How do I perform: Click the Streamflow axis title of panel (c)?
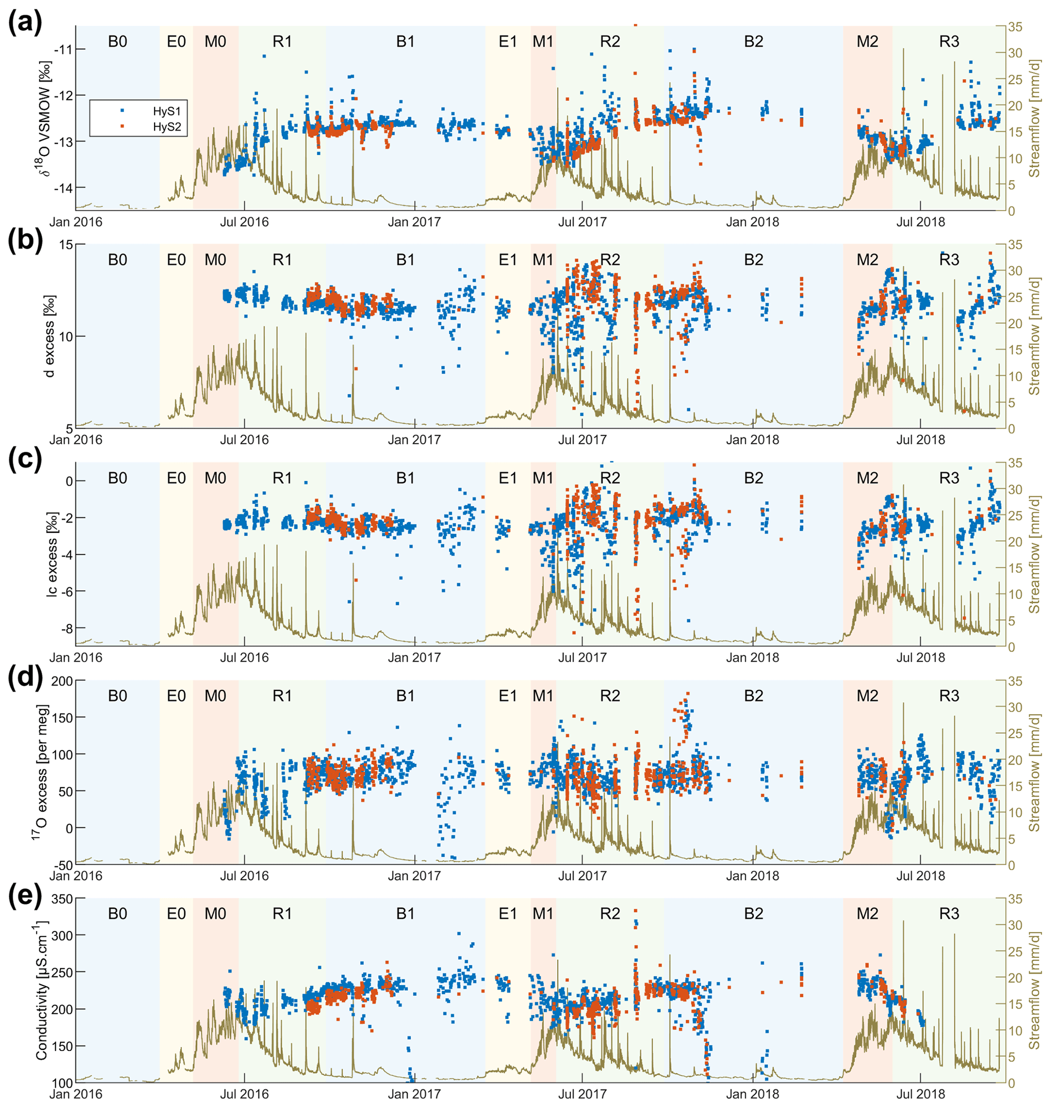click(x=1034, y=554)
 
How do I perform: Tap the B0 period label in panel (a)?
click(x=117, y=42)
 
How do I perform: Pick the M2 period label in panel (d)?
click(x=867, y=696)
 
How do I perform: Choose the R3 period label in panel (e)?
click(x=949, y=914)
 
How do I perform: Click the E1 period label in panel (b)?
click(x=507, y=260)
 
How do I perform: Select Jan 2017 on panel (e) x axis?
click(x=414, y=1093)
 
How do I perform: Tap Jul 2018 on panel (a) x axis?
click(x=920, y=222)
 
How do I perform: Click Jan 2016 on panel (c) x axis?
click(x=76, y=657)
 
